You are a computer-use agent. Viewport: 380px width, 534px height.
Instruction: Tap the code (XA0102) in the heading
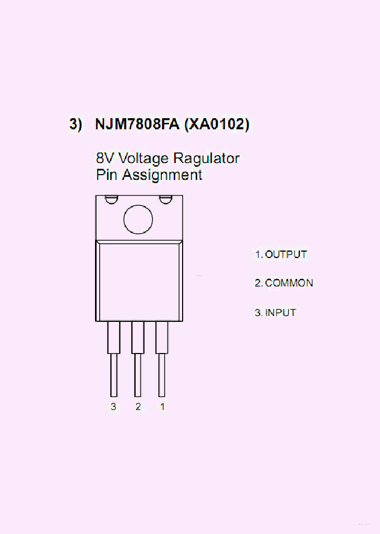pyautogui.click(x=216, y=125)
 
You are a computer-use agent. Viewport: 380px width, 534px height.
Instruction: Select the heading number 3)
pyautogui.click(x=76, y=125)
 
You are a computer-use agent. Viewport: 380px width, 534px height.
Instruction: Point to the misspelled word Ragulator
pyautogui.click(x=207, y=158)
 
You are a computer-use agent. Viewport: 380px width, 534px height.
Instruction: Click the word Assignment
pyautogui.click(x=162, y=175)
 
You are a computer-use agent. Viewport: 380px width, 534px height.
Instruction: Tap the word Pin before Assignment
pyautogui.click(x=107, y=175)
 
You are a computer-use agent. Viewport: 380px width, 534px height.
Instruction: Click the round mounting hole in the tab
pyautogui.click(x=138, y=218)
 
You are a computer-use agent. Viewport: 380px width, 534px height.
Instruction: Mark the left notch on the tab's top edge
pyautogui.click(x=111, y=199)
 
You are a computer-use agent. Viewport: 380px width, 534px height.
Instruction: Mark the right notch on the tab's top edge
pyautogui.click(x=166, y=199)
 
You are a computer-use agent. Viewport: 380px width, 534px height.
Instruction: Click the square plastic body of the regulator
pyautogui.click(x=139, y=281)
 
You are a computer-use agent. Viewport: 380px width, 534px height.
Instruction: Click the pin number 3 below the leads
pyautogui.click(x=113, y=407)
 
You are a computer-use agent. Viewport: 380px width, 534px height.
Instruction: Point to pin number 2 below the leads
pyautogui.click(x=138, y=407)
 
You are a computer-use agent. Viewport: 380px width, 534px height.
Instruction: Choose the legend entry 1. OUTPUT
pyautogui.click(x=281, y=254)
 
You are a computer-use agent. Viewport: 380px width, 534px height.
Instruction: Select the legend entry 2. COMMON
pyautogui.click(x=284, y=283)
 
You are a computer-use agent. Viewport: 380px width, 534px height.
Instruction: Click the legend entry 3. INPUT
pyautogui.click(x=275, y=312)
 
